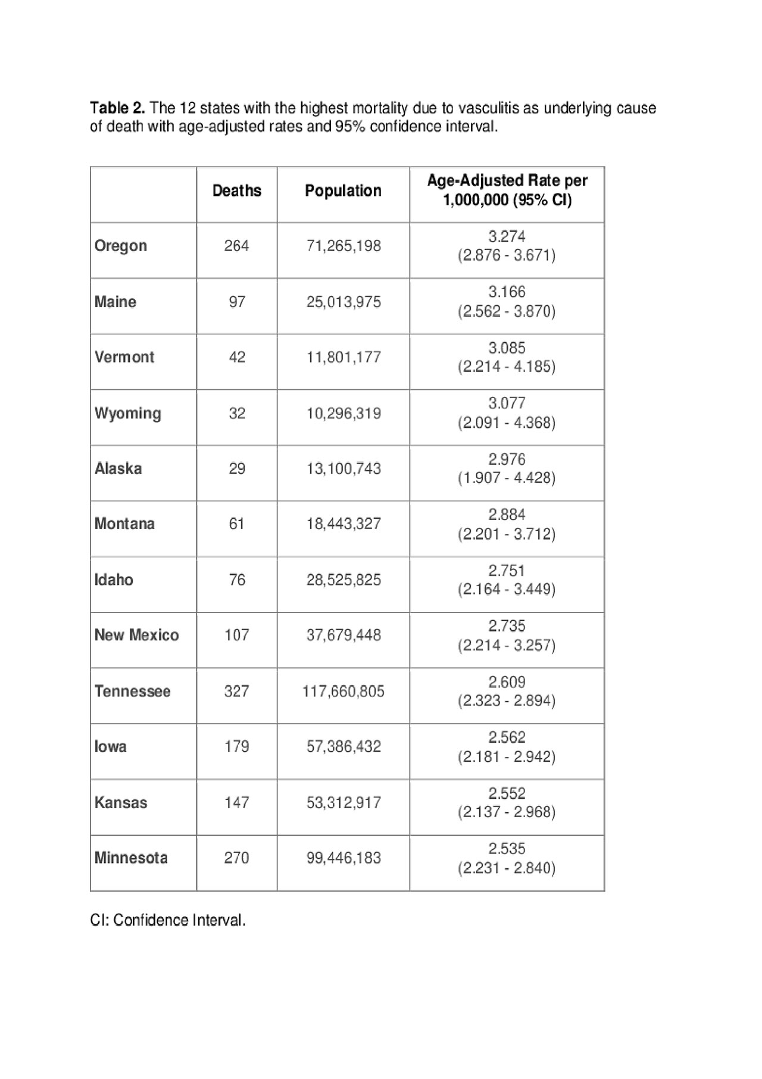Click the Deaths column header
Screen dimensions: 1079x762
tap(237, 190)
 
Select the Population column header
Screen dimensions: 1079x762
tap(343, 190)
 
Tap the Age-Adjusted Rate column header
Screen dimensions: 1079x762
tap(507, 190)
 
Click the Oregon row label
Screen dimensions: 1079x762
tap(121, 246)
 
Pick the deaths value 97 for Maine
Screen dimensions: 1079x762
tap(237, 302)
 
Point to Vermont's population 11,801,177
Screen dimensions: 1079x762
tap(343, 357)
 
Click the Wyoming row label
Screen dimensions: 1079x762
tap(128, 413)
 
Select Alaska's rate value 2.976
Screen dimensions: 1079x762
tap(507, 459)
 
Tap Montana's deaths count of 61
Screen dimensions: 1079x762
tap(237, 524)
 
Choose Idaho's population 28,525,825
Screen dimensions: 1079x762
tap(343, 580)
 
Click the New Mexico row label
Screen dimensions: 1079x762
tap(136, 635)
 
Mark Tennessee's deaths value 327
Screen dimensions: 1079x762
tap(237, 691)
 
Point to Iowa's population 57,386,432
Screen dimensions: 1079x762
tap(343, 746)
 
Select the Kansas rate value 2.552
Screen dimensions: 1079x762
tap(507, 793)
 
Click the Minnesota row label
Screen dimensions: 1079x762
tap(131, 858)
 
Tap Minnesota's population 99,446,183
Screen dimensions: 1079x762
tap(343, 858)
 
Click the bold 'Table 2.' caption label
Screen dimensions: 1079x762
tap(117, 108)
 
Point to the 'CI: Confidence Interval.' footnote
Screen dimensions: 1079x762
tap(168, 920)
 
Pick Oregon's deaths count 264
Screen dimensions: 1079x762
tap(237, 246)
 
